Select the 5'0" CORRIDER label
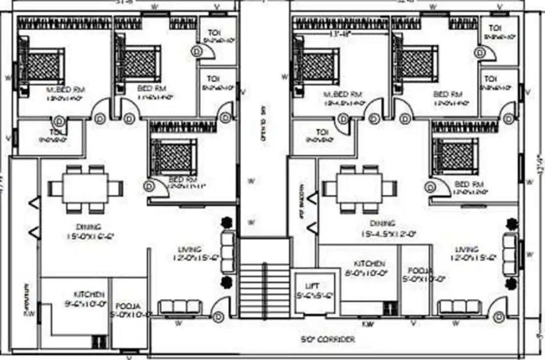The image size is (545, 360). [328, 339]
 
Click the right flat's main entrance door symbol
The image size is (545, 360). [499, 317]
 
